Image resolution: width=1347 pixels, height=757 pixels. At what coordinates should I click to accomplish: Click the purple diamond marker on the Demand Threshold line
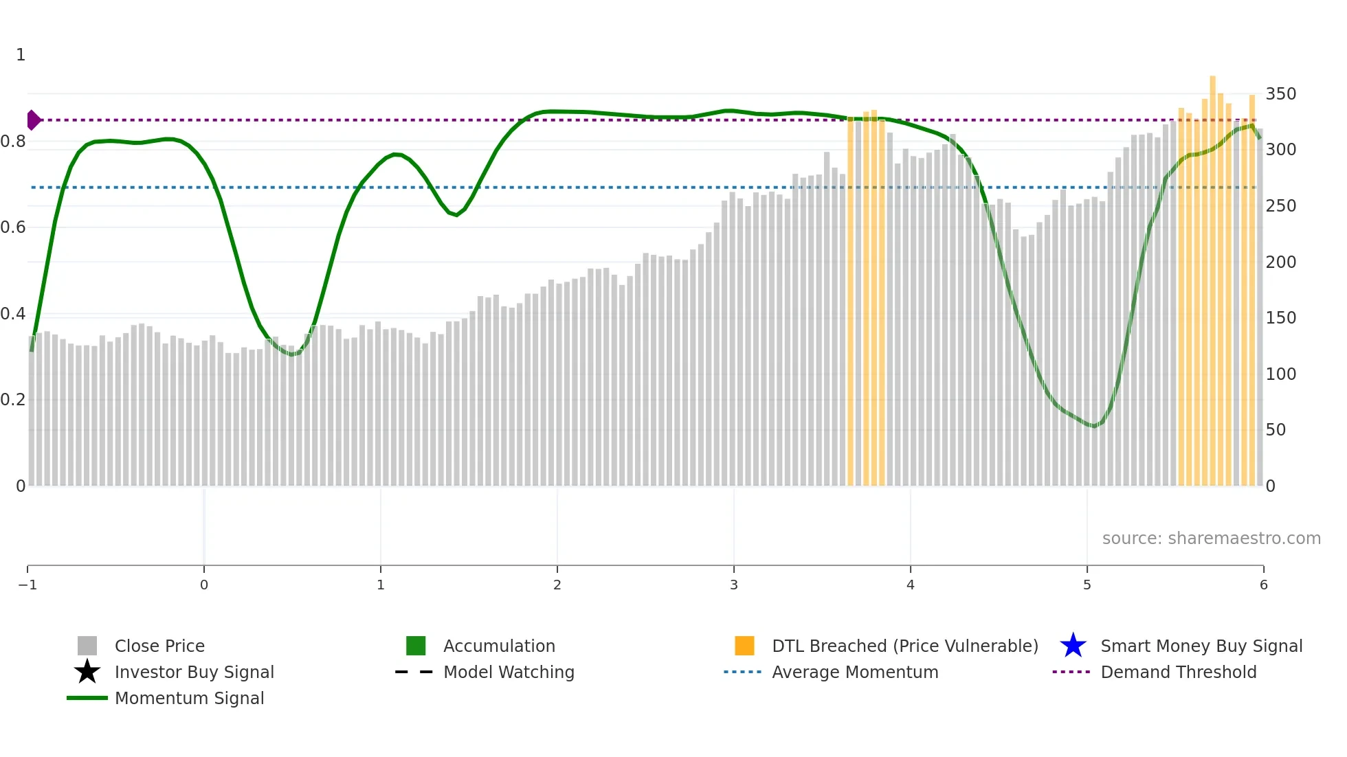[x=33, y=120]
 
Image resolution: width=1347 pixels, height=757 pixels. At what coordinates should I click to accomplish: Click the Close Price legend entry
[x=159, y=646]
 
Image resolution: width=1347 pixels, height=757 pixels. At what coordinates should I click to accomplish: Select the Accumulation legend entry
[x=498, y=646]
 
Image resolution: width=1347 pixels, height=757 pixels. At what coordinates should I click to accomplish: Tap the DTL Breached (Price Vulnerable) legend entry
[x=904, y=646]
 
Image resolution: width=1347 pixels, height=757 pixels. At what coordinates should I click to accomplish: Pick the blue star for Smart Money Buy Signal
[x=1073, y=646]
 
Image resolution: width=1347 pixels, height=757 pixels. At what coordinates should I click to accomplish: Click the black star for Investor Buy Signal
[x=87, y=672]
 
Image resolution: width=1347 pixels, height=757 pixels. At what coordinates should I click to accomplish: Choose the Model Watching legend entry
[x=508, y=672]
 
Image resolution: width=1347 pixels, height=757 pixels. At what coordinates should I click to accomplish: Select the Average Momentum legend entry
[x=854, y=672]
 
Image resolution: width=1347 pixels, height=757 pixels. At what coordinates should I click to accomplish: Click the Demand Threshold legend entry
[x=1178, y=672]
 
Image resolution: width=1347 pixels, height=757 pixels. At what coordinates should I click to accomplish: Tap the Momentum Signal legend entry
[x=189, y=698]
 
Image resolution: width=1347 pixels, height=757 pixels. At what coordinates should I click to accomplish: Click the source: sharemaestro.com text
[x=1211, y=538]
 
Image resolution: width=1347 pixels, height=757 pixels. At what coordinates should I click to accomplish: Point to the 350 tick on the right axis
[x=1280, y=94]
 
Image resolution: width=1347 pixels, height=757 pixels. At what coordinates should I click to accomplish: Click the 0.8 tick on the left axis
[x=14, y=142]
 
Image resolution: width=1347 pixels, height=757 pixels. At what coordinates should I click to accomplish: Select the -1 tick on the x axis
[x=27, y=585]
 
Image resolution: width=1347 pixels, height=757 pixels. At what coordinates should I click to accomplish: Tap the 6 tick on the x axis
[x=1263, y=585]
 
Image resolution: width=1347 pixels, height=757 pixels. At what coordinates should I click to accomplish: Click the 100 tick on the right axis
[x=1280, y=374]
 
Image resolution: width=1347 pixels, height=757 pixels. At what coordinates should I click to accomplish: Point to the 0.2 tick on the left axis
[x=14, y=400]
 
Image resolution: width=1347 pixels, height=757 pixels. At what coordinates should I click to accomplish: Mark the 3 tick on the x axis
[x=734, y=585]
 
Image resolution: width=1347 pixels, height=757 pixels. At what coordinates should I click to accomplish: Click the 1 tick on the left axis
[x=21, y=55]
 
